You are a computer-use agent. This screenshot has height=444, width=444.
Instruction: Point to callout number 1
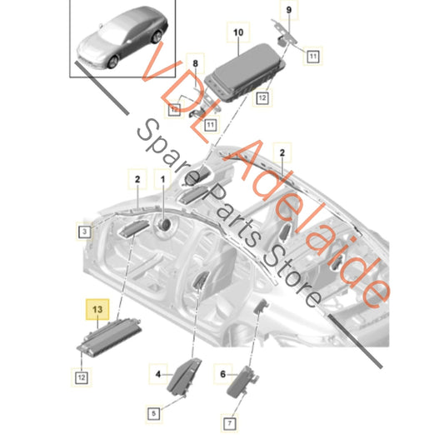pyautogui.click(x=163, y=179)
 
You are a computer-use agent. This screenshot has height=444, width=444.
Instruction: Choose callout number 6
pyautogui.click(x=223, y=373)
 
